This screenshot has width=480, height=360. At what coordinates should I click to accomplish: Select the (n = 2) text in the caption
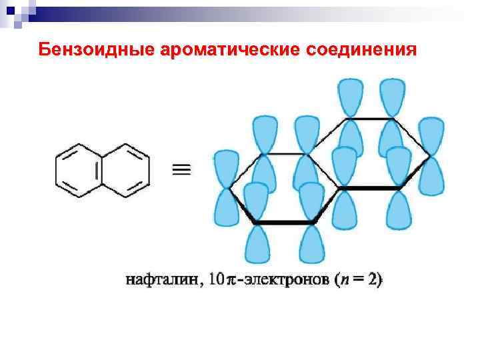tap(359, 281)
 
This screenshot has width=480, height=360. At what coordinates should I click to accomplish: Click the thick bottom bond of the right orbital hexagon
tap(369, 189)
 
